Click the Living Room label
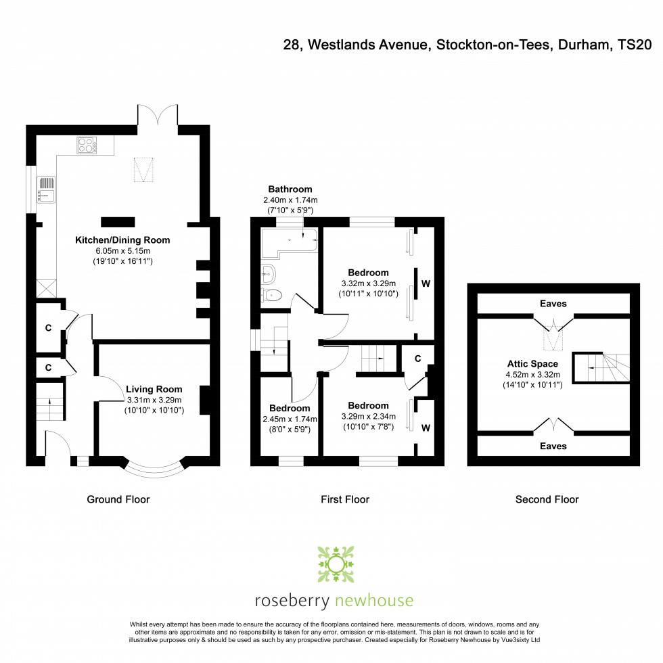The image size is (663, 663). coord(154,389)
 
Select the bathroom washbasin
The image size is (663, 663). coord(268,274)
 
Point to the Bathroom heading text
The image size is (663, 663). coord(290,189)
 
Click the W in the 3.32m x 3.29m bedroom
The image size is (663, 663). coord(426,283)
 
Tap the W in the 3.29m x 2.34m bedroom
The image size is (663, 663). coord(426,428)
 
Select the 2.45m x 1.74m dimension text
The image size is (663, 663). coord(290,419)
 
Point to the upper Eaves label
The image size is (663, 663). coord(553,304)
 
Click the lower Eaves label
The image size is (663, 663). coord(553,446)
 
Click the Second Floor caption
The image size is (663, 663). coord(547,499)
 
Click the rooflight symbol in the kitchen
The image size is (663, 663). coord(142,169)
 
